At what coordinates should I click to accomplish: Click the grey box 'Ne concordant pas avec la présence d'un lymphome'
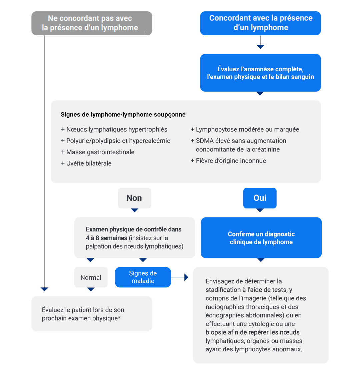92,23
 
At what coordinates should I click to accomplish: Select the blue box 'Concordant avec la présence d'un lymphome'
260,23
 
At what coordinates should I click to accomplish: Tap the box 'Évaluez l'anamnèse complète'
260,73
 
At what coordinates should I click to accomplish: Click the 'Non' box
134,198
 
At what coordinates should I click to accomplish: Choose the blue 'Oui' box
260,198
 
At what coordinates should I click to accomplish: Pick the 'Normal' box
91,277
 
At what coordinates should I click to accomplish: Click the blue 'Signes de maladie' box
143,277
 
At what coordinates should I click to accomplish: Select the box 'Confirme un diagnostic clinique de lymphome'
261,238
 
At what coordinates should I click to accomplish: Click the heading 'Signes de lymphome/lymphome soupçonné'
123,115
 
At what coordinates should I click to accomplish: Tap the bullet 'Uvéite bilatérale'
86,164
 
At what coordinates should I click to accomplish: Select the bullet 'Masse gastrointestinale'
98,152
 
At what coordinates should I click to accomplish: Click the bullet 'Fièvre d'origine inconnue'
228,161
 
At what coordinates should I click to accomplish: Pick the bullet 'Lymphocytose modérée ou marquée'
245,130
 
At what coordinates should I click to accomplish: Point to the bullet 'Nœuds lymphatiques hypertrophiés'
114,130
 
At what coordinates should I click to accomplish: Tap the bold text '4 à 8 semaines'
106,238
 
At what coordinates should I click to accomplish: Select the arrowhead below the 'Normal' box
91,289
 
